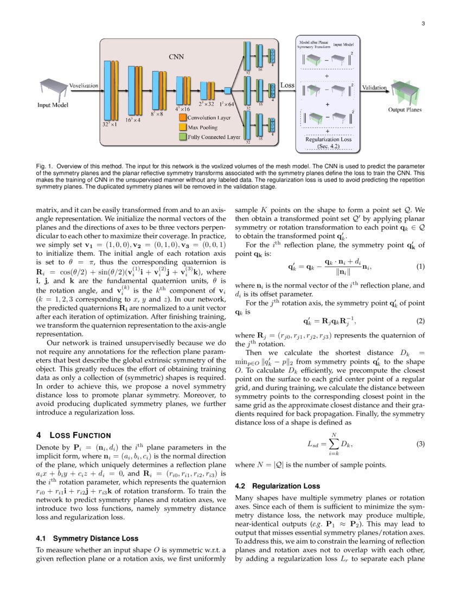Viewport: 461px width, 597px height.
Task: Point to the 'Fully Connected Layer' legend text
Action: pyautogui.click(x=214, y=137)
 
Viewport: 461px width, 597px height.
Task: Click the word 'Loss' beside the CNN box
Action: pyautogui.click(x=287, y=85)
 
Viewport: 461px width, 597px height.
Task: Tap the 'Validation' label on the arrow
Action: pyautogui.click(x=374, y=87)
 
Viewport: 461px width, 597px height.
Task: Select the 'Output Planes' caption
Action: pyautogui.click(x=405, y=110)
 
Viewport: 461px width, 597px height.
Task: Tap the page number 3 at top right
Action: pyautogui.click(x=423, y=23)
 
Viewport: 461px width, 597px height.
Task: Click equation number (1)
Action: pyautogui.click(x=420, y=268)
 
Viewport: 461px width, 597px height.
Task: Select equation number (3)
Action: pyautogui.click(x=420, y=444)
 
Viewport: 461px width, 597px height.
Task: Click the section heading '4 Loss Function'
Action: pyautogui.click(x=73, y=435)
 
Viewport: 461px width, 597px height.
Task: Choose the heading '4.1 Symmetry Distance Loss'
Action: pyautogui.click(x=87, y=538)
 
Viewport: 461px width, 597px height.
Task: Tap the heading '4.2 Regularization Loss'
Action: pyautogui.click(x=277, y=486)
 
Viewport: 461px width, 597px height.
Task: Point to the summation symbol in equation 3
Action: pyautogui.click(x=335, y=443)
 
